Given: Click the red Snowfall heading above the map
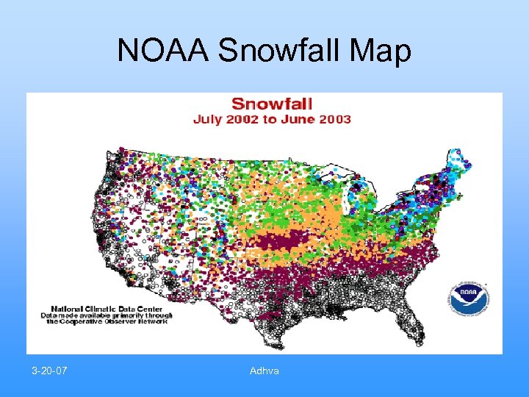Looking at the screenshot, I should (272, 104).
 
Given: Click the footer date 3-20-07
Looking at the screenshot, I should (50, 371).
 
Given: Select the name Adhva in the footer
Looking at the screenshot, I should (264, 371).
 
